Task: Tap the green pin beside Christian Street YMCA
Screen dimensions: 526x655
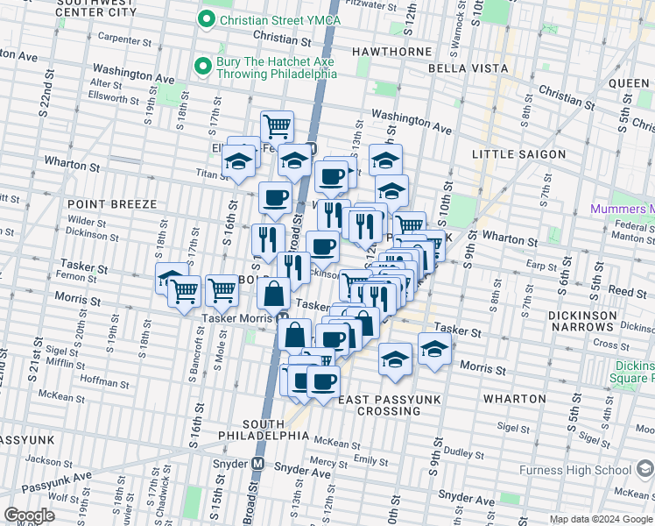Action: (x=206, y=19)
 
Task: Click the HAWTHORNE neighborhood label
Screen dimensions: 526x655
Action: (x=393, y=52)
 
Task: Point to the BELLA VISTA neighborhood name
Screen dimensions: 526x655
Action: (x=468, y=68)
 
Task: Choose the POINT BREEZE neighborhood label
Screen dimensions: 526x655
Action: (x=111, y=203)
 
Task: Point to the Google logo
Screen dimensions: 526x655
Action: (x=30, y=515)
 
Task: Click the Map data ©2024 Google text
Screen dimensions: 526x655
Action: (x=601, y=519)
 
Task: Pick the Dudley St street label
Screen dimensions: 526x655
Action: (x=460, y=452)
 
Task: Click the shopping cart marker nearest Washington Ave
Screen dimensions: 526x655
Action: (x=277, y=126)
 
